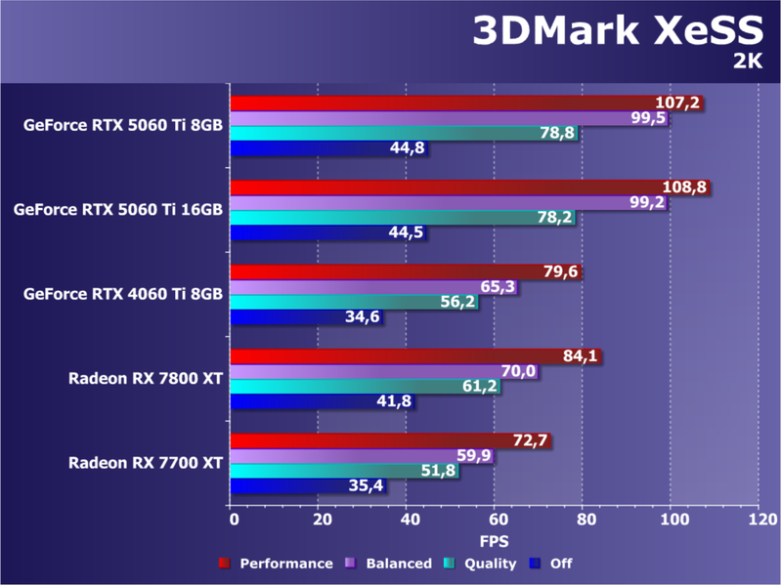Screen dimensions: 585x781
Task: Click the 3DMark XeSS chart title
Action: click(x=618, y=31)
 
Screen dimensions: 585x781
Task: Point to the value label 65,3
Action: click(x=498, y=287)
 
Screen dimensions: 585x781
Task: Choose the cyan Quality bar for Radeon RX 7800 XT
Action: click(x=352, y=386)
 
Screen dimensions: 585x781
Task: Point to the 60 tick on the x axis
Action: click(x=497, y=520)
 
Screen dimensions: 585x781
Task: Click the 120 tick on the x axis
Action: click(x=759, y=520)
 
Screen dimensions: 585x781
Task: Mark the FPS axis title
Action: click(x=494, y=540)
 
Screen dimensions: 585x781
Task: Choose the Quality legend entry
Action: click(x=482, y=564)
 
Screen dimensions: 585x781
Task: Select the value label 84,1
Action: click(x=581, y=356)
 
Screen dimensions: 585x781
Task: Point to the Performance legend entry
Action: click(x=277, y=564)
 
